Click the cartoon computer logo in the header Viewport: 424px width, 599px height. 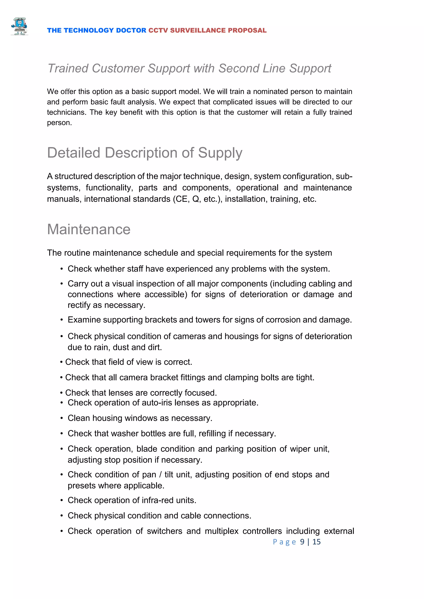19,26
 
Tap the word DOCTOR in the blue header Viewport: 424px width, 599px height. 131,31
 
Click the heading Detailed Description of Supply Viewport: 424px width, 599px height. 145,153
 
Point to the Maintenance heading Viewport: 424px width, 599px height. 89,230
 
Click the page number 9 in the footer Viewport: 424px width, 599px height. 302,542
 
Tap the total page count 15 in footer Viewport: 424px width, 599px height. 316,542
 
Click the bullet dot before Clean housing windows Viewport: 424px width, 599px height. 62,418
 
